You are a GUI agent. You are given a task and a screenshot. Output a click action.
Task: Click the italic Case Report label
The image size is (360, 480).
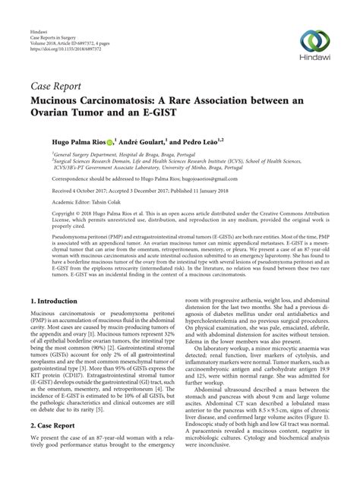(x=56, y=86)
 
